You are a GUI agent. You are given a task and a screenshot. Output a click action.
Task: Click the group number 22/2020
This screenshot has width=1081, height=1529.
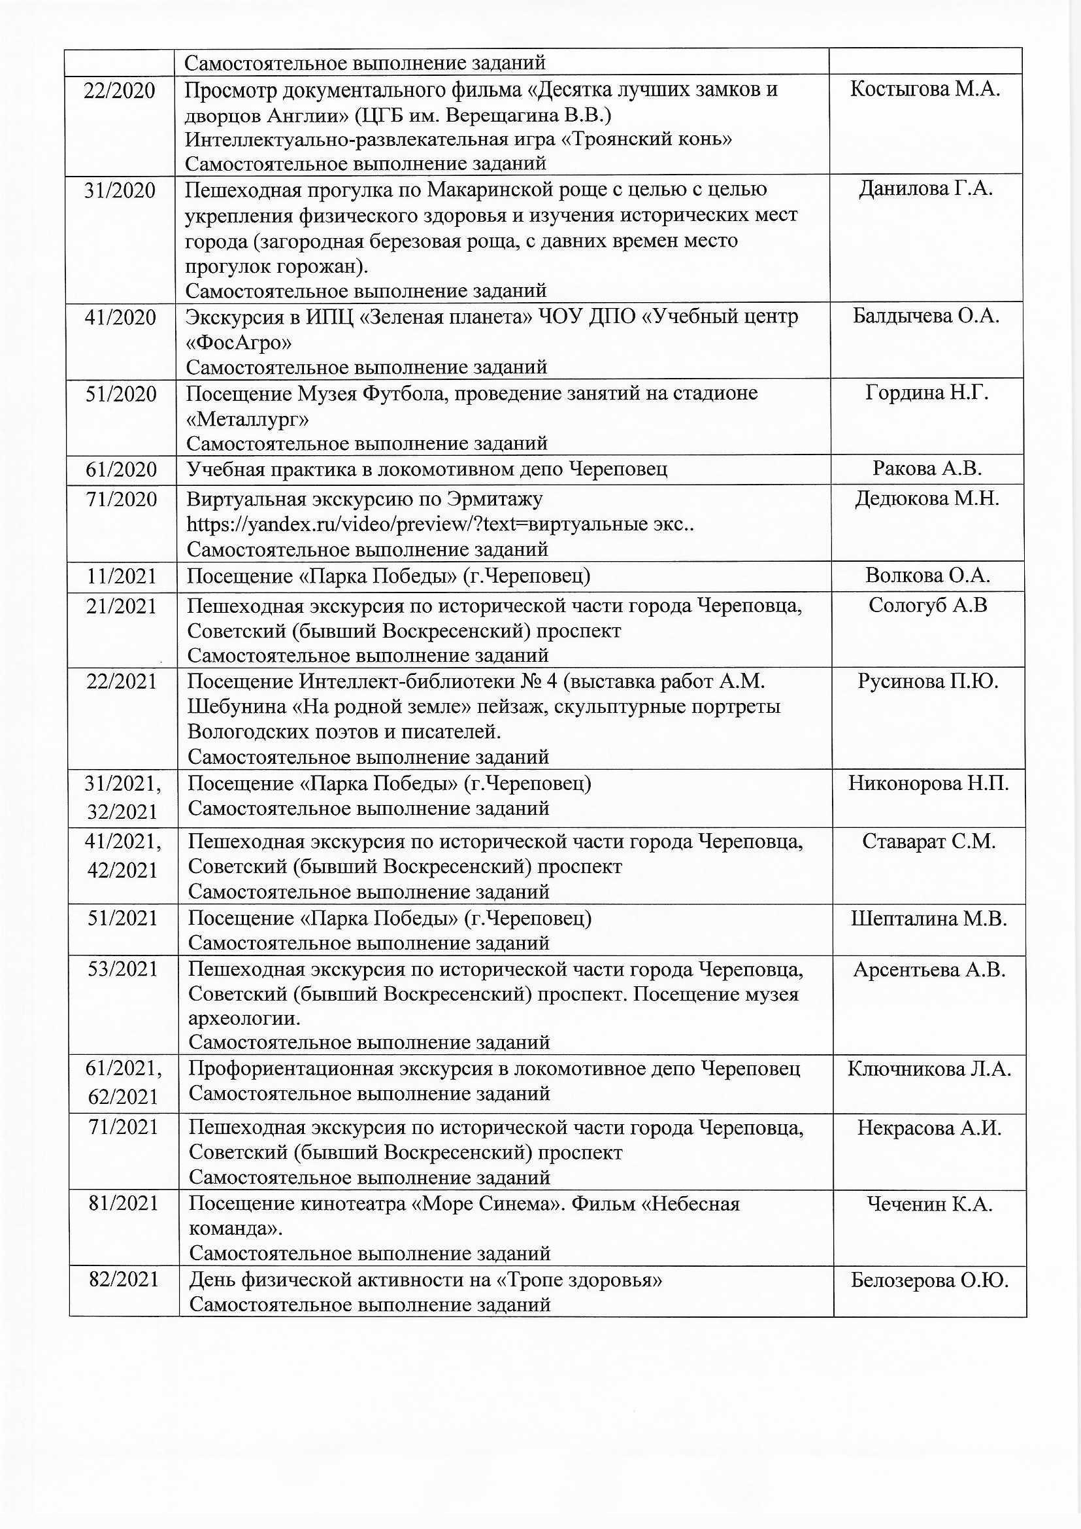click(x=119, y=90)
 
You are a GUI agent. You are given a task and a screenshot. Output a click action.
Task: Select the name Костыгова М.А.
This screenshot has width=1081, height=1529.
click(x=925, y=89)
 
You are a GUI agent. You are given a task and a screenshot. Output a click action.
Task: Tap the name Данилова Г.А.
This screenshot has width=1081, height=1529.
click(x=925, y=189)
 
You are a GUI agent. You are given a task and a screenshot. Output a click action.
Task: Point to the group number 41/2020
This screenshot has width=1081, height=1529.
click(x=120, y=317)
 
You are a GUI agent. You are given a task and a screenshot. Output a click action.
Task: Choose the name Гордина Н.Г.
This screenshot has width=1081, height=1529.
click(x=927, y=393)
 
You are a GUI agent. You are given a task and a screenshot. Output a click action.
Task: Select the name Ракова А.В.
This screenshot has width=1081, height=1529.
click(x=927, y=469)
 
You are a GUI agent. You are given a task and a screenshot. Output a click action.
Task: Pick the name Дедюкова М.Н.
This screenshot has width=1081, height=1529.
click(x=927, y=498)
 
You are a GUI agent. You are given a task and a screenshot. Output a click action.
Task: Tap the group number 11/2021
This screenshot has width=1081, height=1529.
click(x=121, y=576)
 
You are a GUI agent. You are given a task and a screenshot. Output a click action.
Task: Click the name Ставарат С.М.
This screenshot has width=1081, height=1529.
click(x=929, y=842)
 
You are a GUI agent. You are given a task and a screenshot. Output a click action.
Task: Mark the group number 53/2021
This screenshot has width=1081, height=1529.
click(x=122, y=970)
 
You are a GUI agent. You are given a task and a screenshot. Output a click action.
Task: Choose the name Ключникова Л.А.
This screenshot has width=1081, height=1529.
click(x=929, y=1069)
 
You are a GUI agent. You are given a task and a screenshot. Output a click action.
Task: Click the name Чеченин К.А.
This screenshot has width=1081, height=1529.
click(x=929, y=1204)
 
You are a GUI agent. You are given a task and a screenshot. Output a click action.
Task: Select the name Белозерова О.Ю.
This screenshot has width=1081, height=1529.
click(x=929, y=1280)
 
